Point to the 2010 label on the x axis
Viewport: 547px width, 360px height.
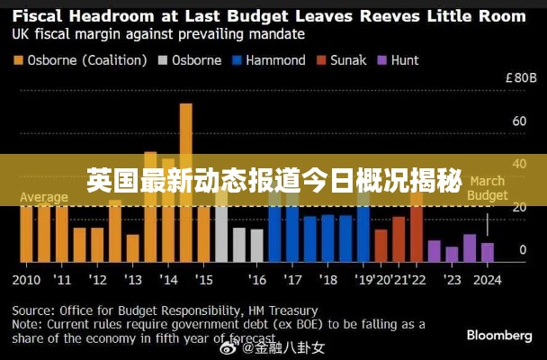pos(27,279)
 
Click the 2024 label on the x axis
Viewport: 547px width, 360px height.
pos(487,279)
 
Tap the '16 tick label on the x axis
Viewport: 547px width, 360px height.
pos(257,279)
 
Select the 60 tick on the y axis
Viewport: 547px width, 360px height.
pos(518,121)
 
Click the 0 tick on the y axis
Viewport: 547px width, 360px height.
pos(522,249)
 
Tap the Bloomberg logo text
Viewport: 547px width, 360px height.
pos(498,335)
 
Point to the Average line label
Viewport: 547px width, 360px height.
pos(43,197)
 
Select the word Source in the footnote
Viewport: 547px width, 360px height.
pos(33,310)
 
